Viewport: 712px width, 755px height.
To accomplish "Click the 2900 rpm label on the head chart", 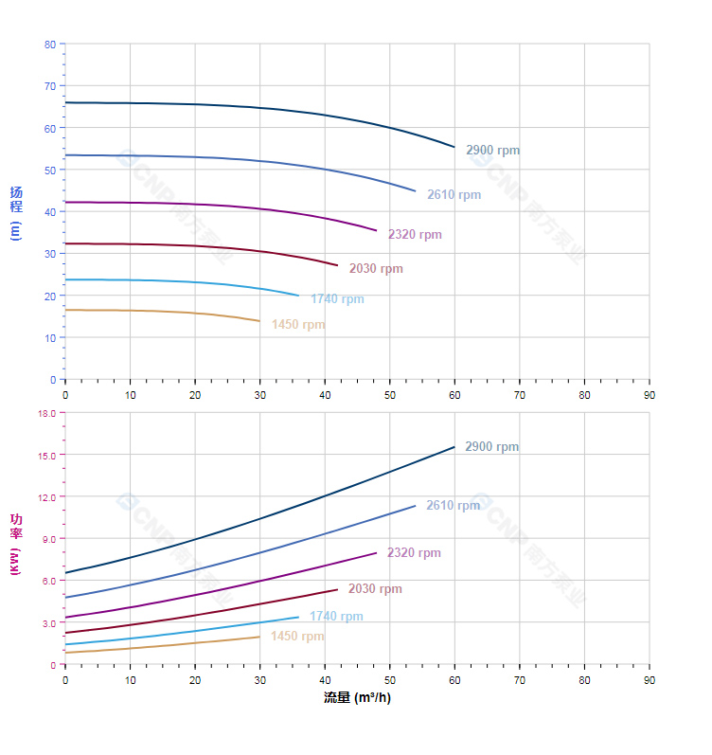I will click(x=492, y=151).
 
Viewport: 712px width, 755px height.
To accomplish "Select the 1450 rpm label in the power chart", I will click(x=297, y=637).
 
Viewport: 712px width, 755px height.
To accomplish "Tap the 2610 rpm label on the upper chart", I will click(x=454, y=195).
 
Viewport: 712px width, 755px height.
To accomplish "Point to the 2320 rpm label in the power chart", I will click(x=414, y=553).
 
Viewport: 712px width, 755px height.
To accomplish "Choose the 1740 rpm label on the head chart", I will click(x=337, y=299).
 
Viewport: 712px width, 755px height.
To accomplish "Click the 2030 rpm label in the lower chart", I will click(x=375, y=589).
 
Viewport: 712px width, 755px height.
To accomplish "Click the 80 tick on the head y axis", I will click(x=50, y=45).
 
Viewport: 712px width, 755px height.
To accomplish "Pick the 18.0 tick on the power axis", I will click(x=47, y=413).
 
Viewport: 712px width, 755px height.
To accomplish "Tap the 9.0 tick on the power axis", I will click(x=49, y=539).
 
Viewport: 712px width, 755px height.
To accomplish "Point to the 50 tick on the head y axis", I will click(x=50, y=170).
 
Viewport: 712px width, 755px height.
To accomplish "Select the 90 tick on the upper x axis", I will click(x=649, y=394).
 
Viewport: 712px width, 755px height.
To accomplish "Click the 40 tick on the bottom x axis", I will click(x=325, y=680).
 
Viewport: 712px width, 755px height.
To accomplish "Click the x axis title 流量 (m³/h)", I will click(x=357, y=698).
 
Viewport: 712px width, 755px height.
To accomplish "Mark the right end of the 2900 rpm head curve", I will click(x=454, y=147).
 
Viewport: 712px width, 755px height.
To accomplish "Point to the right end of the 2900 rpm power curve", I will click(x=454, y=447).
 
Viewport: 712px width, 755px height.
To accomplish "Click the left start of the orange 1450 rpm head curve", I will click(x=65, y=310).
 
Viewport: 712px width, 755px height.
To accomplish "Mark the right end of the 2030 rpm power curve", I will click(x=337, y=589).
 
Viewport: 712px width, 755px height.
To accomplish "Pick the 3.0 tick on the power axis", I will click(x=49, y=622).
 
